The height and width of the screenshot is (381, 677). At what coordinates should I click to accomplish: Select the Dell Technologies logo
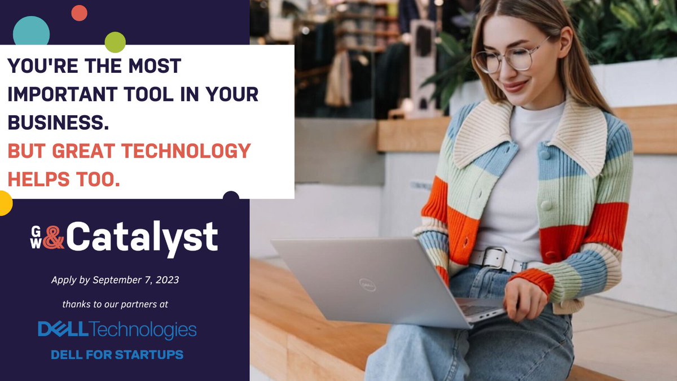117,330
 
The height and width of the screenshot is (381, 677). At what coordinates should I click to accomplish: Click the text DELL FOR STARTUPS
117,355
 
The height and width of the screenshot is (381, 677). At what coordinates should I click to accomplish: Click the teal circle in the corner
31,31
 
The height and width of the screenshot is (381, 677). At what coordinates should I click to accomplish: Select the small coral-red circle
79,12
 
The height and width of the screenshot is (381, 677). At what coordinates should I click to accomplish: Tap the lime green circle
115,42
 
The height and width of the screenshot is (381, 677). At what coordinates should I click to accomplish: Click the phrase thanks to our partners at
115,304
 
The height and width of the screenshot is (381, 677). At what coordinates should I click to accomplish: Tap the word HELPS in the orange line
42,180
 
